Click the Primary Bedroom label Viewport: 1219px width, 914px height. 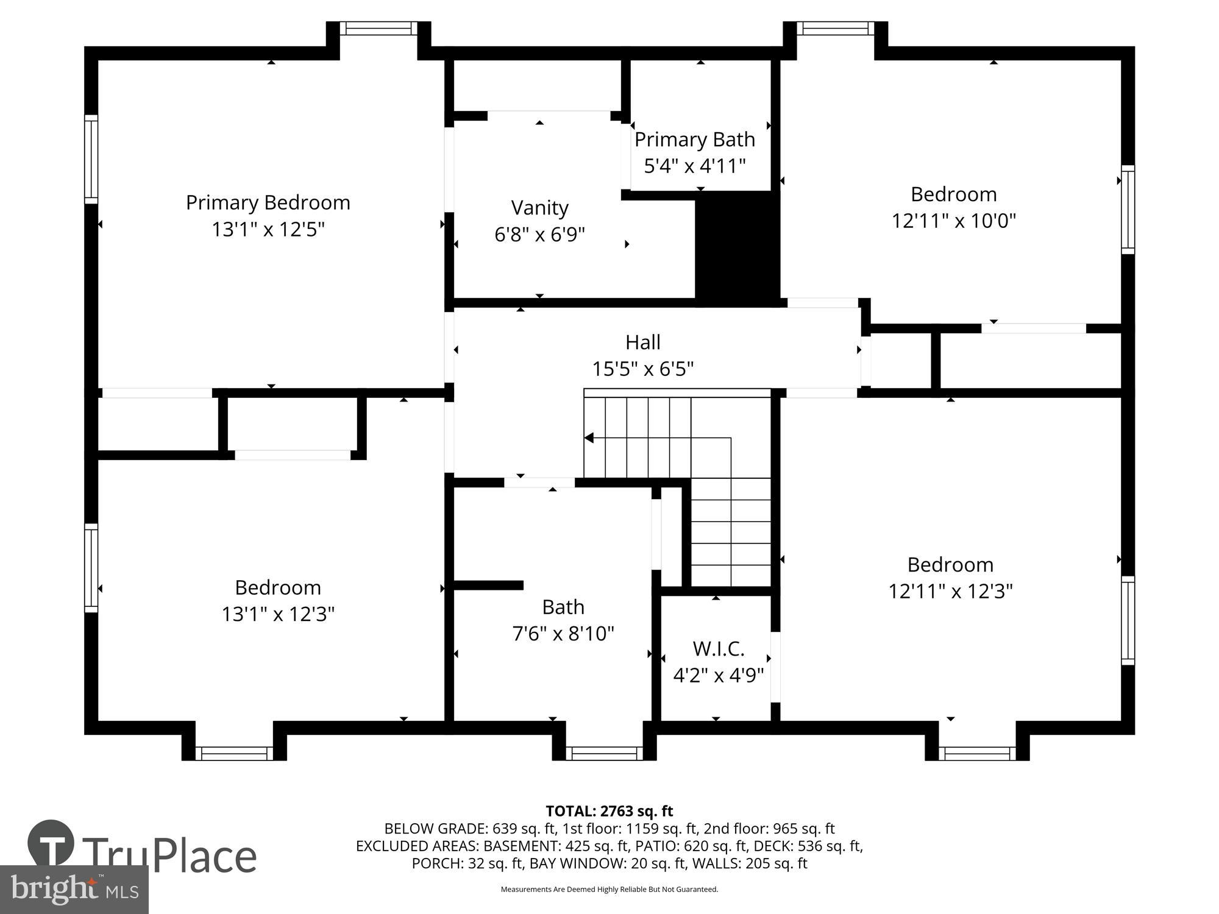click(268, 203)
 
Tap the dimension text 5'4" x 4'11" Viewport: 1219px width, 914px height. click(695, 166)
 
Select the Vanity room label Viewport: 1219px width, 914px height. click(539, 208)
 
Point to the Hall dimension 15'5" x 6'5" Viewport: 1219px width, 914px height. click(643, 369)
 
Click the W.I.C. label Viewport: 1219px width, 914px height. click(718, 649)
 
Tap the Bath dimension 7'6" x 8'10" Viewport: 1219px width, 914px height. click(563, 634)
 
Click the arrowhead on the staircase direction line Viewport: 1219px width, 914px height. click(589, 438)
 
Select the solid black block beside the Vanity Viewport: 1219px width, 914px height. click(737, 247)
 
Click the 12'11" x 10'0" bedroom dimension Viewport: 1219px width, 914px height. click(953, 221)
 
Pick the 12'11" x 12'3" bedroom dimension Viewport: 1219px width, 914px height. click(950, 591)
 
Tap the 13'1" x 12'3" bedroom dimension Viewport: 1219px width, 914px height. click(278, 614)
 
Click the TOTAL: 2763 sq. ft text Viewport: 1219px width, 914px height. click(609, 811)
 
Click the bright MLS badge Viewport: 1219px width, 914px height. click(74, 890)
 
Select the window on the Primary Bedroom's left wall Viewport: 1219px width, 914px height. click(91, 159)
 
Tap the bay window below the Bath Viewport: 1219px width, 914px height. click(605, 753)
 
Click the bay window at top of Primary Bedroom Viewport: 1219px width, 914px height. click(378, 28)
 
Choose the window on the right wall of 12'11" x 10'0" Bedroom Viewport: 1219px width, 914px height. click(1128, 209)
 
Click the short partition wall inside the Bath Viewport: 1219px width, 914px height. click(488, 585)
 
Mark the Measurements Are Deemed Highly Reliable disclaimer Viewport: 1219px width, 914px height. click(609, 890)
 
